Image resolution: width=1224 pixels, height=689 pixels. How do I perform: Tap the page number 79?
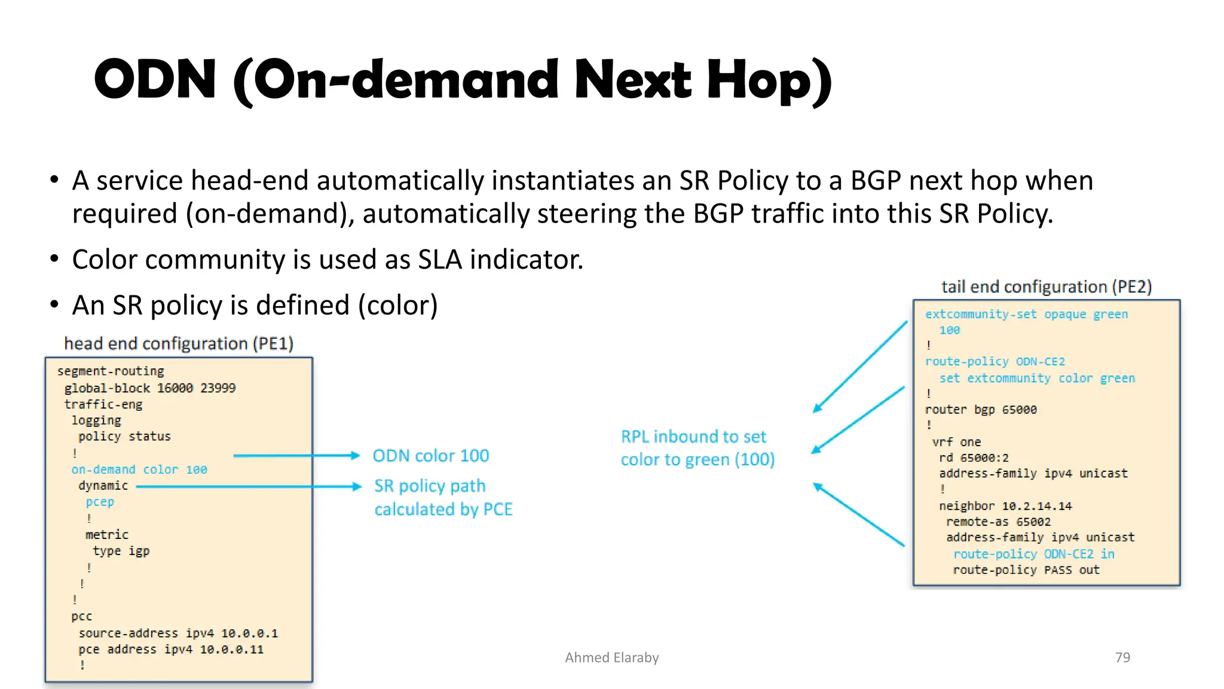click(x=1122, y=657)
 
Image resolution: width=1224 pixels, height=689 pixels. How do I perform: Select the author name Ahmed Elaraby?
click(x=611, y=657)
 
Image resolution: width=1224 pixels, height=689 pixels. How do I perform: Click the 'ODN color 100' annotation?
click(x=430, y=456)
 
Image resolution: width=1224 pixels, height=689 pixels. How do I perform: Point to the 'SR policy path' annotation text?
click(x=430, y=486)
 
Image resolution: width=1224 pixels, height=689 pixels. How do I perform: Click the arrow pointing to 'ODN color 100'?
click(x=296, y=456)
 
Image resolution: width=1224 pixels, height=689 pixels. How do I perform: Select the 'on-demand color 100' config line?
click(x=139, y=470)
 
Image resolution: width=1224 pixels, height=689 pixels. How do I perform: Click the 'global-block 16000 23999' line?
click(x=150, y=388)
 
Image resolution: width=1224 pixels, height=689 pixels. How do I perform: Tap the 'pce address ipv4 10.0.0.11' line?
click(x=171, y=649)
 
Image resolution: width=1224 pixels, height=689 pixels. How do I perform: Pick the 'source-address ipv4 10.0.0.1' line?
click(x=178, y=633)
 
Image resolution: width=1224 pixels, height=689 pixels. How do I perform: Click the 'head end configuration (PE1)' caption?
click(x=179, y=343)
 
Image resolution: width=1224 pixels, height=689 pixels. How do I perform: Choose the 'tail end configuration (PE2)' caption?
click(x=1046, y=287)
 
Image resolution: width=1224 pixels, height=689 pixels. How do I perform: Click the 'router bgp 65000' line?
click(x=981, y=410)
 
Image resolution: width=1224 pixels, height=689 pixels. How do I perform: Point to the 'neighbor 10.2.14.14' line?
click(x=1005, y=506)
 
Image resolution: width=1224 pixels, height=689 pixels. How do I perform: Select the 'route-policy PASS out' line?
click(x=1026, y=570)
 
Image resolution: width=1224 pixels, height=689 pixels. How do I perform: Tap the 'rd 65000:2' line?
click(x=974, y=458)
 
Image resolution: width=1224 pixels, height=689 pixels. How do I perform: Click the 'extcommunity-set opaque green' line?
click(x=1026, y=314)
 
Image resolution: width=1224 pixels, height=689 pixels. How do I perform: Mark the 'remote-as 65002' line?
click(x=998, y=522)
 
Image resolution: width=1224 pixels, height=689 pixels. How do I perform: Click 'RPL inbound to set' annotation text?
click(x=693, y=437)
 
